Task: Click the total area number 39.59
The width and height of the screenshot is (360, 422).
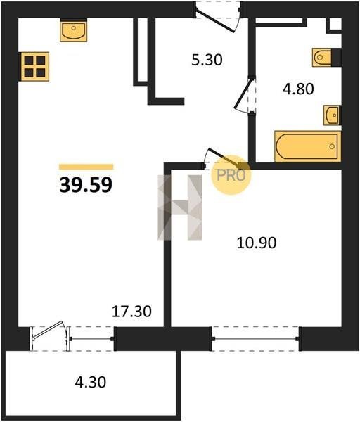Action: point(86,185)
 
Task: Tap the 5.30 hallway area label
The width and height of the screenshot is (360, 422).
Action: point(207,60)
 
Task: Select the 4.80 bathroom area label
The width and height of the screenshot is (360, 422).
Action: point(298,89)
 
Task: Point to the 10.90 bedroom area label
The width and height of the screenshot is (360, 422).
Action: point(257,243)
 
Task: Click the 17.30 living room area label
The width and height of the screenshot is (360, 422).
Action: point(131,311)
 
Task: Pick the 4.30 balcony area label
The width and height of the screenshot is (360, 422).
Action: point(91,382)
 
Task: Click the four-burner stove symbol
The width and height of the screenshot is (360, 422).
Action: point(35,67)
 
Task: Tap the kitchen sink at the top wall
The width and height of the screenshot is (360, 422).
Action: point(73,30)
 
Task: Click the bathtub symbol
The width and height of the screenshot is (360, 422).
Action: point(308,146)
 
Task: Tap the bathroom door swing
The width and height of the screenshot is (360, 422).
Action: point(243,94)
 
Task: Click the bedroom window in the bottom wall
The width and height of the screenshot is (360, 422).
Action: point(255,339)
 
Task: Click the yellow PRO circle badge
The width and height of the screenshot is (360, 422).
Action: point(231,175)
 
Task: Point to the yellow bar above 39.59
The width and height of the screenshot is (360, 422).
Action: point(86,167)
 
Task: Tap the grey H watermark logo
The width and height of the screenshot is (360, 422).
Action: point(180,207)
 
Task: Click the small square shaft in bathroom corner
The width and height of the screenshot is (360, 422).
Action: point(335,24)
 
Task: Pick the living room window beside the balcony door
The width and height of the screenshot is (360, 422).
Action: point(91,339)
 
